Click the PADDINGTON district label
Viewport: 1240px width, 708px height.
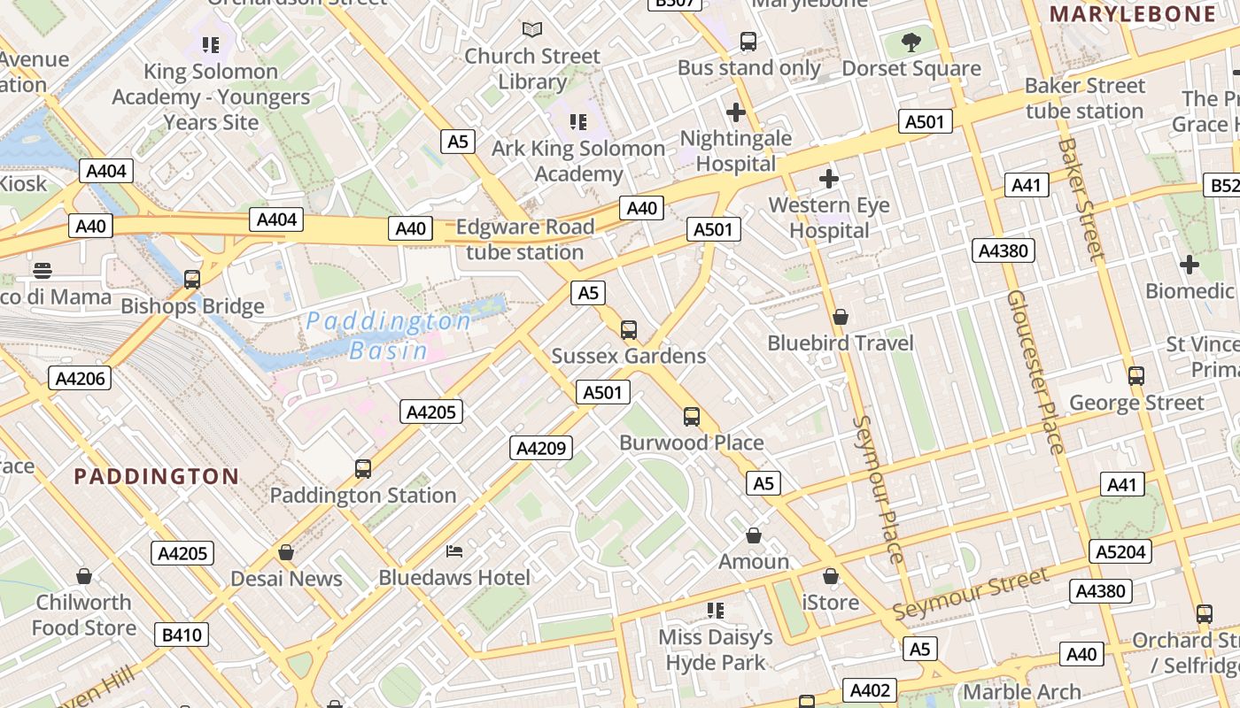pos(156,476)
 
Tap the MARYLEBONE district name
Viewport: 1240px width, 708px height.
pos(1133,14)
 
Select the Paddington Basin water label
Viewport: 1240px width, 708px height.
pos(389,335)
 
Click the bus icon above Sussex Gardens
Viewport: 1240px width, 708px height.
pos(629,330)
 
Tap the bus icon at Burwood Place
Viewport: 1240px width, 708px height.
pos(692,416)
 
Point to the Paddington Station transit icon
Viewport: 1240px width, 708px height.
pos(362,469)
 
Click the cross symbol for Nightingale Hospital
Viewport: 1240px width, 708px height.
pos(735,112)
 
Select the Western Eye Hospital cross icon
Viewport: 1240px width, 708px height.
pos(829,180)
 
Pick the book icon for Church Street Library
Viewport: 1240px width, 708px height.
pos(532,30)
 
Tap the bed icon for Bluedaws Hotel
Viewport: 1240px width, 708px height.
pos(454,551)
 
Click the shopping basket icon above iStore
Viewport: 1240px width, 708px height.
pos(830,577)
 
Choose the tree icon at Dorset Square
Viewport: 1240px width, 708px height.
pos(911,42)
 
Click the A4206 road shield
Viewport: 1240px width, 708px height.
pos(81,379)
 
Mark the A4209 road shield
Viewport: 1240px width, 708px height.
pos(540,448)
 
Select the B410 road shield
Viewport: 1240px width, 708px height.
pos(182,635)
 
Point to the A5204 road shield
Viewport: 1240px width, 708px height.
pos(1120,551)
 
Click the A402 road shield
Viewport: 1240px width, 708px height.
pos(869,690)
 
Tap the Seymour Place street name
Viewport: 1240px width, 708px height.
pos(879,489)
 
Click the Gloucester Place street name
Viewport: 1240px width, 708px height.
pos(1034,372)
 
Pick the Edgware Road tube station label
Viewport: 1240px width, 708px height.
pos(525,239)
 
